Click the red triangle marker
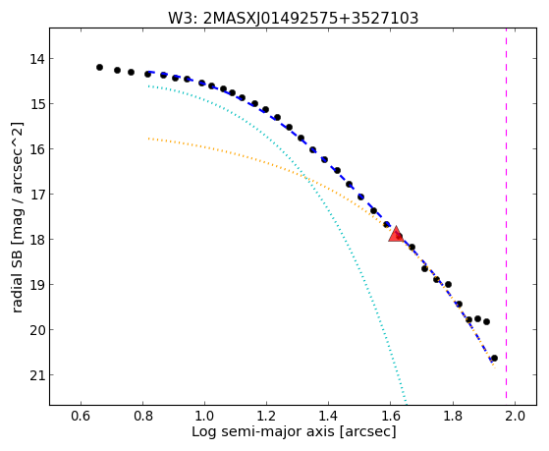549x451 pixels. tap(396, 235)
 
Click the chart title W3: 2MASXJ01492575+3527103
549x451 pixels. tap(293, 19)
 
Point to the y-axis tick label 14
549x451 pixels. tap(37, 59)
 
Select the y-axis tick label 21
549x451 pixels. tap(37, 375)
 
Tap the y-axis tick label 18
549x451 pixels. tap(37, 240)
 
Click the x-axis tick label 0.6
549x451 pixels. tap(81, 416)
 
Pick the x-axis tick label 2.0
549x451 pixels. tap(515, 416)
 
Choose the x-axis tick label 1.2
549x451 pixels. tap(267, 416)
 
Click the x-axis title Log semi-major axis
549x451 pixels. tap(263, 432)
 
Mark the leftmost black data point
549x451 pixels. tap(99, 67)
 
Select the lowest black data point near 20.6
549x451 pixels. tap(494, 358)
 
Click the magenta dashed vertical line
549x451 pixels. tap(507, 214)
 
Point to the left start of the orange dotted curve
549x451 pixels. tap(149, 139)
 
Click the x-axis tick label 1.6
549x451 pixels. tap(391, 416)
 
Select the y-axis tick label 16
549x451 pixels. tap(37, 149)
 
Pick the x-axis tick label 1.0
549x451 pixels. tap(205, 416)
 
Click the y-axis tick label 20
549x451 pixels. tap(37, 330)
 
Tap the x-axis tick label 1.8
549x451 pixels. tap(453, 416)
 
